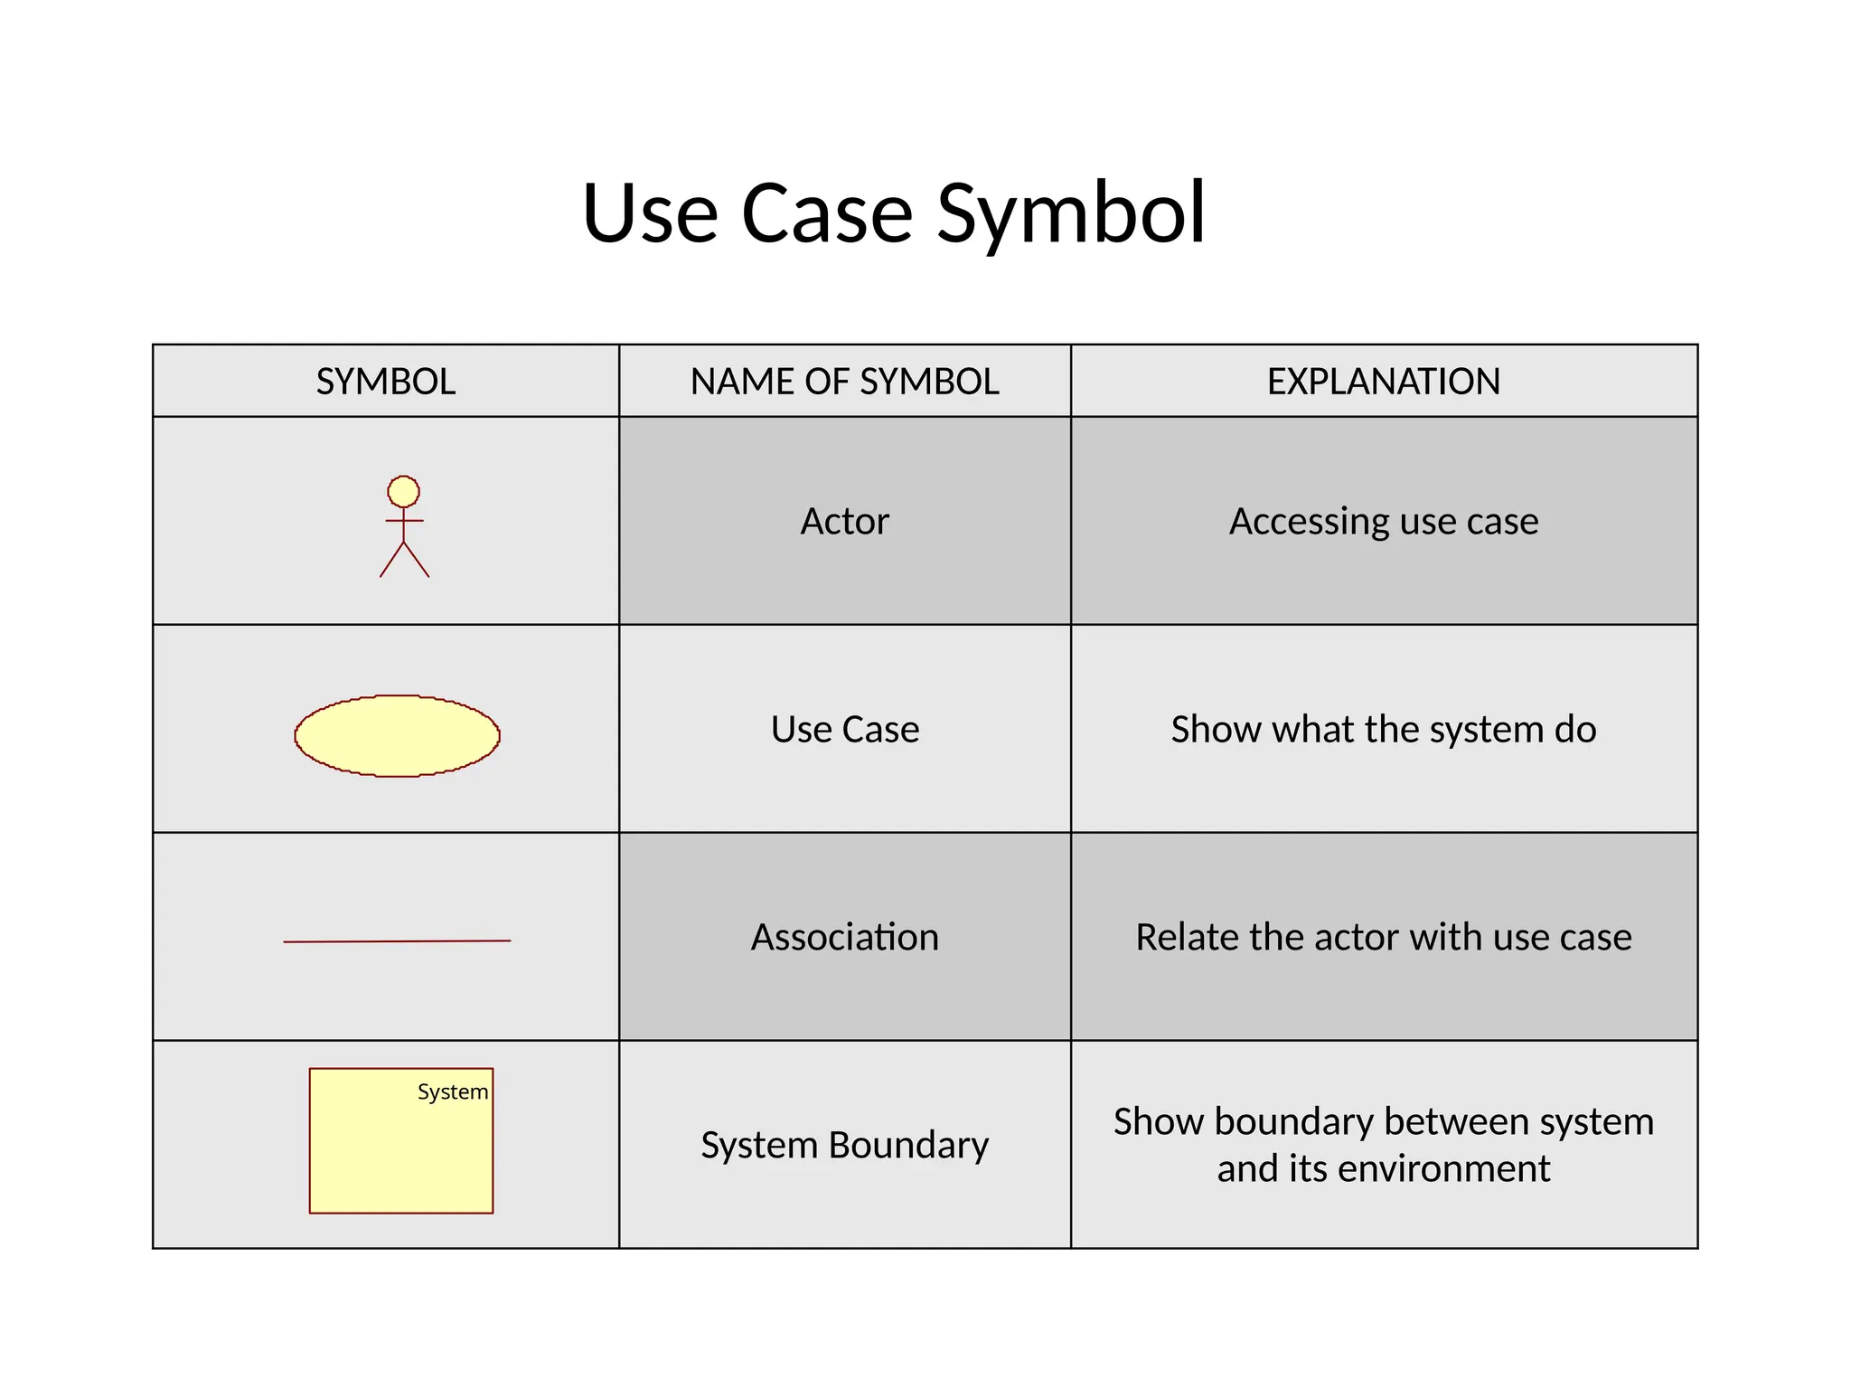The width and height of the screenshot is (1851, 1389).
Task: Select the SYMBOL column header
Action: [386, 382]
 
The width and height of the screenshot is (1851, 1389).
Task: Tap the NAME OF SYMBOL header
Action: [844, 382]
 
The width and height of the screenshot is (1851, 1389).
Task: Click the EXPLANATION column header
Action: [1383, 382]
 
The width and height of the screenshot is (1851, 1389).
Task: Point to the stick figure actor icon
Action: [404, 527]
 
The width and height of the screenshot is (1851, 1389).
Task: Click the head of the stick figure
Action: [404, 492]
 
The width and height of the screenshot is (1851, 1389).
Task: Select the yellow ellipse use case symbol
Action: [397, 736]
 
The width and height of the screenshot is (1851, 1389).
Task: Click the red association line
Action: [397, 941]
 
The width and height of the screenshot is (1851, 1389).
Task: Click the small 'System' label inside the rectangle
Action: [453, 1092]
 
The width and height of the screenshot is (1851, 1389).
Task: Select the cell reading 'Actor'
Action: [844, 522]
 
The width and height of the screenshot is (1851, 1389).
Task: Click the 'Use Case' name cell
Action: [844, 730]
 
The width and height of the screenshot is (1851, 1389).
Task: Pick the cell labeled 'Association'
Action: [844, 938]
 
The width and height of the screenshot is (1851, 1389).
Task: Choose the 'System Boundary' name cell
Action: [844, 1146]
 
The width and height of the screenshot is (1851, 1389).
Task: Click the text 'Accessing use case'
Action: [1383, 522]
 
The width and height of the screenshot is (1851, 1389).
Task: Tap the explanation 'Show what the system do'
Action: [1383, 730]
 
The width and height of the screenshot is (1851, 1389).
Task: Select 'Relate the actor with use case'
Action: [1383, 938]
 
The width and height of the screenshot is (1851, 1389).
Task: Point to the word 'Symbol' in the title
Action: [1071, 215]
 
